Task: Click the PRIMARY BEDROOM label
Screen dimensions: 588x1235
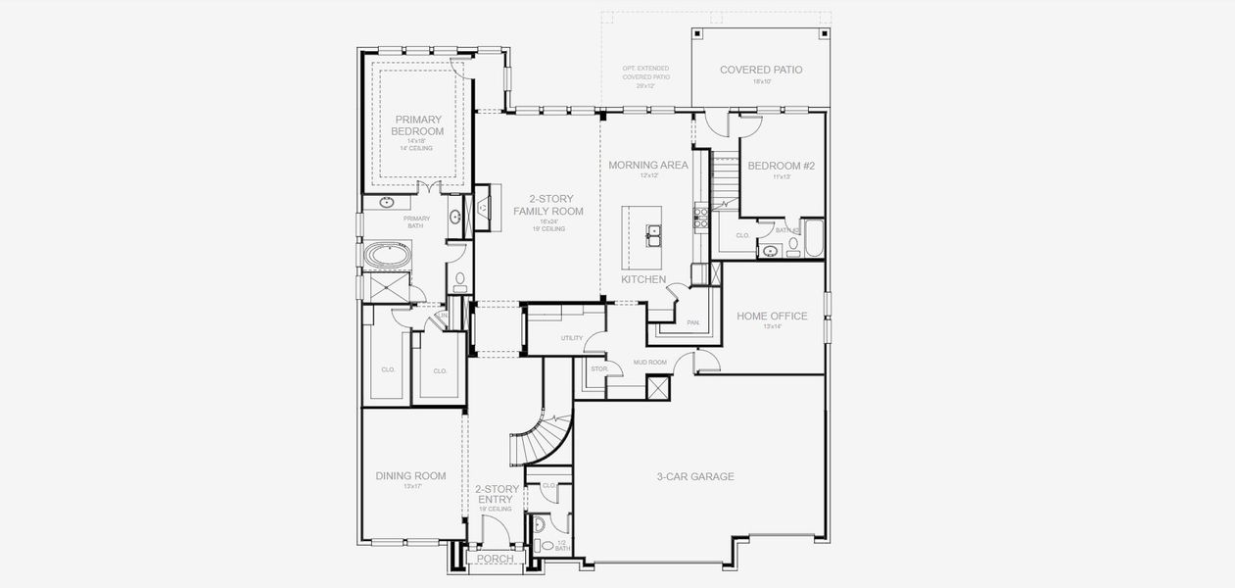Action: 419,125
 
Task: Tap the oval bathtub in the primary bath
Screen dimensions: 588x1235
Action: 390,257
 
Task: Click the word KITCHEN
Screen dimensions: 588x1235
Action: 643,280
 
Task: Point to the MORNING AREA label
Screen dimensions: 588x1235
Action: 648,165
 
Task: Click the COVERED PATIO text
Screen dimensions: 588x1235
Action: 761,70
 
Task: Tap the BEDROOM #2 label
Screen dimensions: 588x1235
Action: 781,166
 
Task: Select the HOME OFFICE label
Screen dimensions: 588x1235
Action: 772,316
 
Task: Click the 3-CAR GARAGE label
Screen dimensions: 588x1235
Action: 694,477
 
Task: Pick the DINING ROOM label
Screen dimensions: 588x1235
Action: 410,476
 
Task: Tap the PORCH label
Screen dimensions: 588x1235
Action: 495,559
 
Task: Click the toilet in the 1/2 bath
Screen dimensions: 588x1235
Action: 539,545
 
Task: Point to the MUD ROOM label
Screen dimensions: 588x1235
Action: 649,363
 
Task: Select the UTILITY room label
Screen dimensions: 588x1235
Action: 572,338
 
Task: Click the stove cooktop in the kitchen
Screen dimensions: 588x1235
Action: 701,216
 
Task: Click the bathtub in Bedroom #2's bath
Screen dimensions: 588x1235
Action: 814,240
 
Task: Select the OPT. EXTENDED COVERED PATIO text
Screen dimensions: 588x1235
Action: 646,76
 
